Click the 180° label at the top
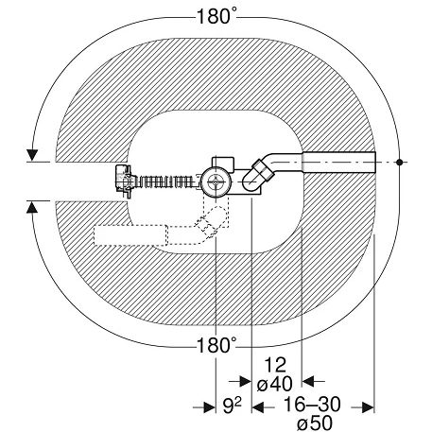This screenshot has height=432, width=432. click(x=216, y=16)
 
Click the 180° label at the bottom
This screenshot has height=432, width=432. click(x=216, y=345)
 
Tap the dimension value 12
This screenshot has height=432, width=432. click(x=275, y=365)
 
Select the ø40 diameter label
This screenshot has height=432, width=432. click(x=274, y=385)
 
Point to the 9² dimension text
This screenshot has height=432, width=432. click(x=233, y=406)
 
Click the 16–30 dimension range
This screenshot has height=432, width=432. click(x=312, y=405)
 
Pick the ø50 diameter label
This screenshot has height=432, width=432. click(x=315, y=423)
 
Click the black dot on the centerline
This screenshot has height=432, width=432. click(x=400, y=163)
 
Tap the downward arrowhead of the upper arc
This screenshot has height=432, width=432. click(x=32, y=155)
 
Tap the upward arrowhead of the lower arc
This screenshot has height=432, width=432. click(x=32, y=207)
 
